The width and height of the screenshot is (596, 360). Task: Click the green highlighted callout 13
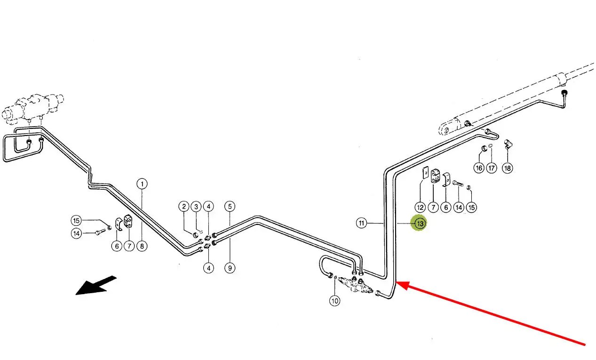tap(420, 223)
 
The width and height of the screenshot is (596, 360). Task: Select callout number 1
tap(142, 184)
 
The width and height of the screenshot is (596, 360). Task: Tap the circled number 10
tap(334, 301)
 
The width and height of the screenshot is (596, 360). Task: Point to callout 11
tap(361, 223)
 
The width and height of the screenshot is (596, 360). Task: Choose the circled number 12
tap(420, 207)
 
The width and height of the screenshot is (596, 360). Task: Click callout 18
tap(508, 168)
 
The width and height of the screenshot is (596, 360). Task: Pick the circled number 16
tap(479, 168)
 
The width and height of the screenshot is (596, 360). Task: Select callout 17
tap(492, 168)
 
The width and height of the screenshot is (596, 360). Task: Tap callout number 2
tap(184, 207)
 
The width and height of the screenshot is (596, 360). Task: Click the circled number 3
tap(196, 207)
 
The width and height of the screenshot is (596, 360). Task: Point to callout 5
tap(230, 207)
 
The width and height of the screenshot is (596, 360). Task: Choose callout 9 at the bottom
tap(230, 268)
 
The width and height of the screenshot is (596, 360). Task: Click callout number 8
tap(142, 246)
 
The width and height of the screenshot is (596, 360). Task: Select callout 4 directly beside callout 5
tap(208, 207)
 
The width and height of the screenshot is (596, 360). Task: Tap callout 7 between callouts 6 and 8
tap(129, 246)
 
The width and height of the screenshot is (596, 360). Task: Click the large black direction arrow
tap(96, 286)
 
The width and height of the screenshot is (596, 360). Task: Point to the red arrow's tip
tap(397, 282)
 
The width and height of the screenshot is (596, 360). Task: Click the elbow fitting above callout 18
tap(508, 144)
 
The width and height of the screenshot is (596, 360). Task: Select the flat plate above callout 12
tap(425, 173)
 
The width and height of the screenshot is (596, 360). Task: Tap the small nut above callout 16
tap(484, 148)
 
